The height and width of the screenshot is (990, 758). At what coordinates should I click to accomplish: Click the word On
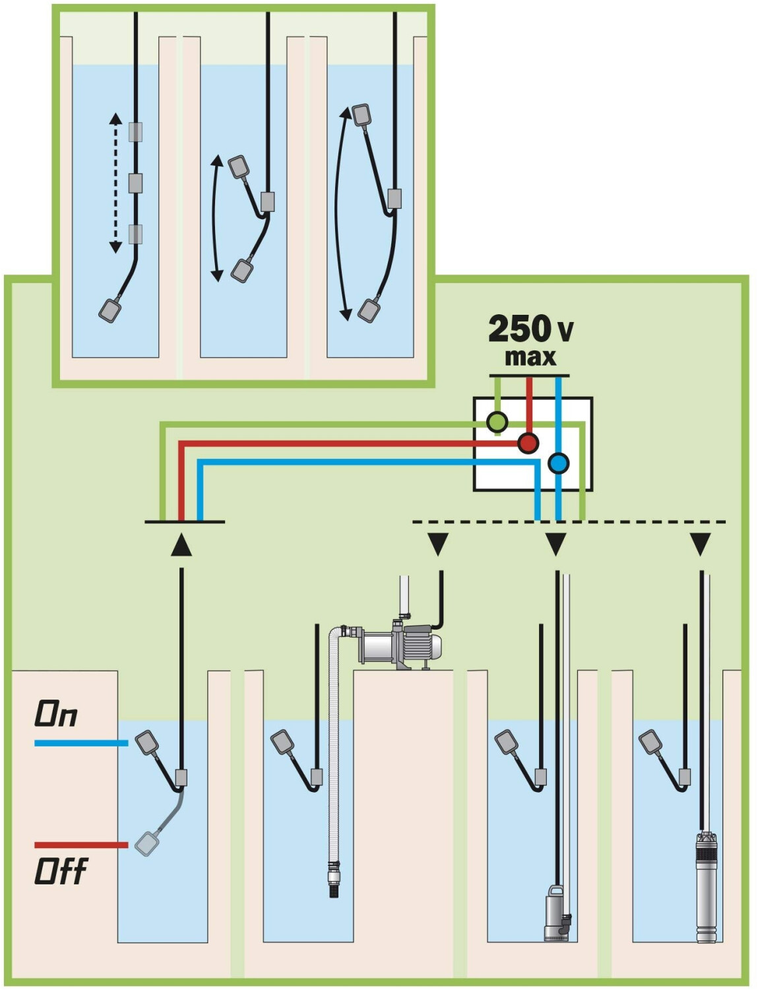pos(55,715)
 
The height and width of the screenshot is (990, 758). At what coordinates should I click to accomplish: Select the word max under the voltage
pos(530,358)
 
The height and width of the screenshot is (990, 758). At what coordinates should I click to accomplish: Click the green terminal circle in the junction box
pos(497,422)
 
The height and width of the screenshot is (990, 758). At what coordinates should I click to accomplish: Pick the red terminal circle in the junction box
pos(528,442)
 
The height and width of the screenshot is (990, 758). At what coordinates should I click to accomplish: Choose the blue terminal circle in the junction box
pos(558,463)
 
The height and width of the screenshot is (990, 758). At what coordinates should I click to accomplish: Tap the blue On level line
pos(82,743)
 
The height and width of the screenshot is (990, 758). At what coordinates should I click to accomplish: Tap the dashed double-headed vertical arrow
pos(115,183)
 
